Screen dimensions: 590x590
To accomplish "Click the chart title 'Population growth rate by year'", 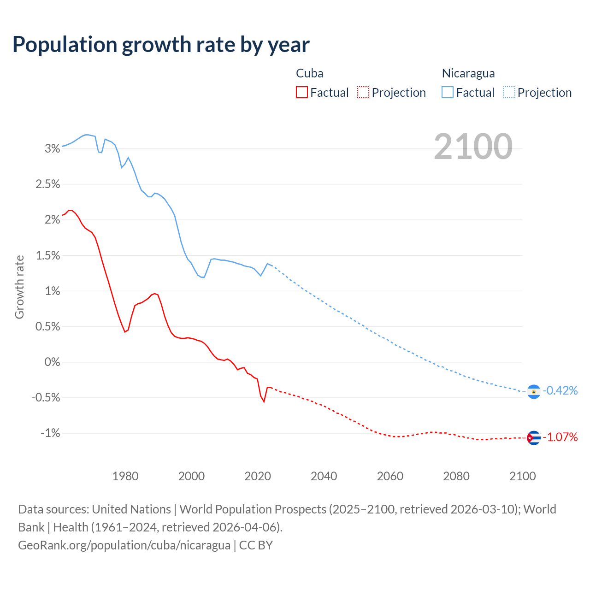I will point(161,45).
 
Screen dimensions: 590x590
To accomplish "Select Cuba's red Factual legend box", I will point(301,92).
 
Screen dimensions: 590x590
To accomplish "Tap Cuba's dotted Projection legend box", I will point(363,92).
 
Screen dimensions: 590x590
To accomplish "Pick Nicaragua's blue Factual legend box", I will point(447,92).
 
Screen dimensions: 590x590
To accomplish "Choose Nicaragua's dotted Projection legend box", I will point(509,92).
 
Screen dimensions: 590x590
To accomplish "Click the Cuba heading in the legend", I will point(309,73).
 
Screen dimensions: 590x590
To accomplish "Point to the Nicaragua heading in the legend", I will point(468,73).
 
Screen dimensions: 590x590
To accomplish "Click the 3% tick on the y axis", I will point(53,148).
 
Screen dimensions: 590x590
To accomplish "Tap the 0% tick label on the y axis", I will point(52,362).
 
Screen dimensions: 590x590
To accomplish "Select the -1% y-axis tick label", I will point(50,433).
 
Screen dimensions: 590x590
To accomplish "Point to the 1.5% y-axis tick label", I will point(48,255).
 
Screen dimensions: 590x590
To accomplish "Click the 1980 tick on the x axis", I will point(125,476).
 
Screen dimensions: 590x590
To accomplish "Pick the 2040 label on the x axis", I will point(324,476).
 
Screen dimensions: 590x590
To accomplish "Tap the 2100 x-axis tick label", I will point(522,476).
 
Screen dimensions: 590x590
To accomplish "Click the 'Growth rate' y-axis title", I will point(19,287).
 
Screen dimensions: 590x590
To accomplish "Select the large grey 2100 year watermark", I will point(473,147).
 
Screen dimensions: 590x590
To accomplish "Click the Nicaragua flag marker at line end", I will point(534,391).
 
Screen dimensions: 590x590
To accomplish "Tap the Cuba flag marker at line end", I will point(534,437).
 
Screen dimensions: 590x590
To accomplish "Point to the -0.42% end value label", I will point(560,390).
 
